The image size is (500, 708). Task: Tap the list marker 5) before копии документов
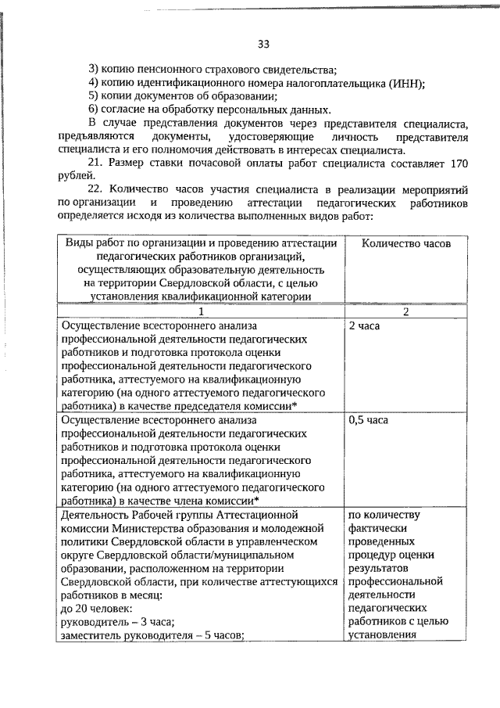[95, 96]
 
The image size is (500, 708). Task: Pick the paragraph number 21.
[95, 162]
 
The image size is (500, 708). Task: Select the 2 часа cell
[364, 324]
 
